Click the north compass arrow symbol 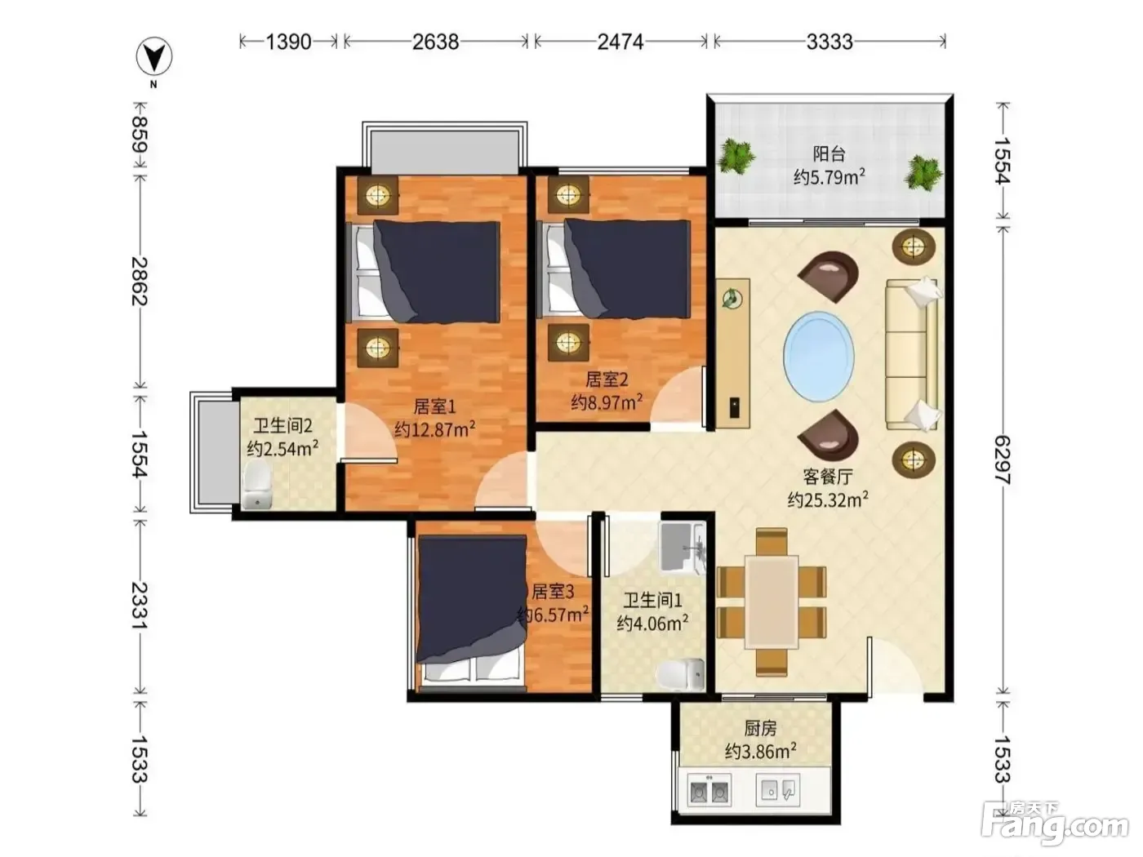(x=154, y=56)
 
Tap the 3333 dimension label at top (x=829, y=42)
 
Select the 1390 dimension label (x=288, y=42)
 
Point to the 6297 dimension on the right (x=1002, y=460)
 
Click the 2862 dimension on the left (x=140, y=281)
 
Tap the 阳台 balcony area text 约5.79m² (x=829, y=177)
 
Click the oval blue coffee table (x=819, y=355)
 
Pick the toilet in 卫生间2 (x=256, y=486)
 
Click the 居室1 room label (x=435, y=406)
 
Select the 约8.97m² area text (x=607, y=402)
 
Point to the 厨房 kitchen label (x=760, y=729)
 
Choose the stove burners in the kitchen (x=709, y=790)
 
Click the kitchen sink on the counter (x=777, y=789)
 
